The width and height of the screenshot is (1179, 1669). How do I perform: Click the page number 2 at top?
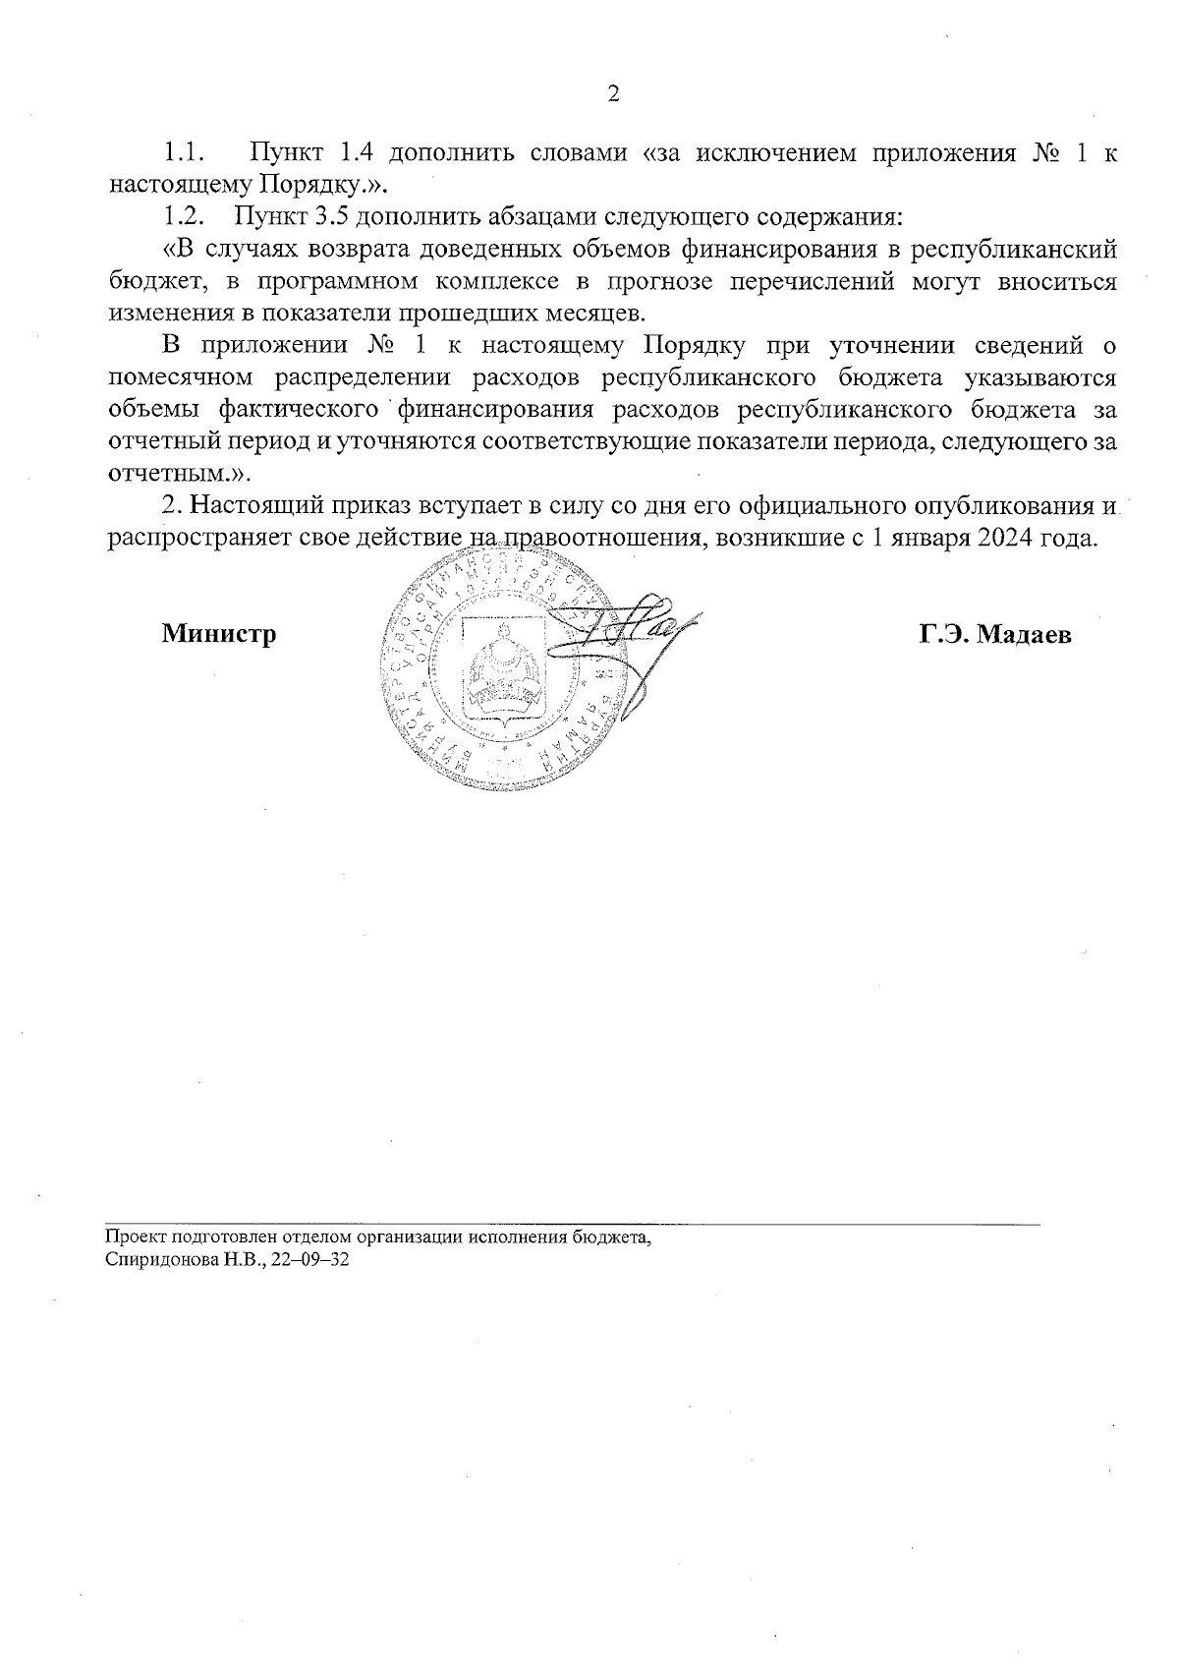click(x=613, y=94)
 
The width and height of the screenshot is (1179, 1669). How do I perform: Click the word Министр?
click(x=219, y=634)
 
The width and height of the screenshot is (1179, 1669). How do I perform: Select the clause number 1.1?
click(x=183, y=153)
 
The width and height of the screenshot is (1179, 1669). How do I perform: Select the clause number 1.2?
click(x=183, y=216)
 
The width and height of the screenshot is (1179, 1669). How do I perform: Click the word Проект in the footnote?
click(x=131, y=1238)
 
